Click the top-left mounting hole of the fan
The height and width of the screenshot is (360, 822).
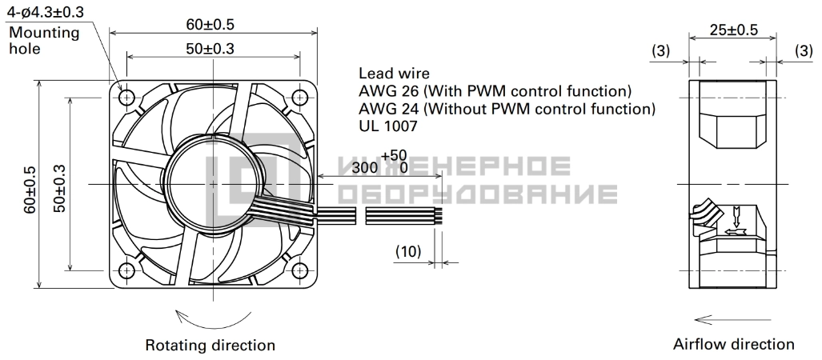[x=127, y=98]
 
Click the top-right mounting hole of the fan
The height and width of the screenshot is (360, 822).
[x=299, y=98]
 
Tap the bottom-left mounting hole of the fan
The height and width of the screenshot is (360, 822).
[x=127, y=270]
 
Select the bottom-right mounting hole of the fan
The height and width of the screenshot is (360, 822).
[x=299, y=270]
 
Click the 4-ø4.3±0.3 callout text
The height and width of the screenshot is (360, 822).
[x=45, y=11]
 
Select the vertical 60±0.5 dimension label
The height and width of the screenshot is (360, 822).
[x=30, y=189]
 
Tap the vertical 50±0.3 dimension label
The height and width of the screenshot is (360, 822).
[x=60, y=188]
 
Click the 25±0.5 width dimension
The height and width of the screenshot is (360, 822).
[x=734, y=30]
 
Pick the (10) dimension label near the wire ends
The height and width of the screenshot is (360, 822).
[x=408, y=251]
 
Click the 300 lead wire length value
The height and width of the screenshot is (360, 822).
[x=366, y=168]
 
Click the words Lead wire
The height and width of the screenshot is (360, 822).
[x=394, y=73]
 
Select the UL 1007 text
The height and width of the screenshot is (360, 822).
[x=388, y=126]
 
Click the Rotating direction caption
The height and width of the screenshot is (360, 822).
[x=211, y=346]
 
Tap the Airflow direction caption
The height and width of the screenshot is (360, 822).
[x=734, y=344]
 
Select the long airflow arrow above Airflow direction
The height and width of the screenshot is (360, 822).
[x=732, y=319]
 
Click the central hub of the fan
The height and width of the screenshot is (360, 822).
[x=213, y=184]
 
